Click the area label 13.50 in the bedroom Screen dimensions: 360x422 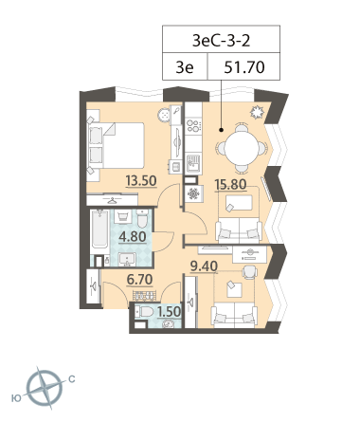tap(141, 181)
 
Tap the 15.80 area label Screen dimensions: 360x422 tap(230, 184)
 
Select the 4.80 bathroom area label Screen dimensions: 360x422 tap(133, 236)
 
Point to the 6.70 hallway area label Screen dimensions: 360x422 tap(139, 280)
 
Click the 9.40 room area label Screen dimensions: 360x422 tap(204, 266)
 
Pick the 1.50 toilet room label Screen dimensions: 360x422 tap(169, 312)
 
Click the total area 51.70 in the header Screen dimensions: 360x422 tap(244, 67)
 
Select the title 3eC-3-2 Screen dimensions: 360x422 tap(221, 41)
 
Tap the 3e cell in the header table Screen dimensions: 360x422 tap(185, 67)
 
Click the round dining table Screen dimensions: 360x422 tap(242, 148)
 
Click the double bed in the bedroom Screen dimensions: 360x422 tap(117, 145)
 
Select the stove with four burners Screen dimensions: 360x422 tap(193, 125)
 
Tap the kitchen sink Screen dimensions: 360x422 tap(193, 162)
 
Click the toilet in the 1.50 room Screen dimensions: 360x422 tap(144, 312)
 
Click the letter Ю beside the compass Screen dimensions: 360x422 tap(16, 398)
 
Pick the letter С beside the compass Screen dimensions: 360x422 tap(72, 378)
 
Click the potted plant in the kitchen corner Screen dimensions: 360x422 tap(257, 112)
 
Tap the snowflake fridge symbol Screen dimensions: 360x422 tap(193, 193)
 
